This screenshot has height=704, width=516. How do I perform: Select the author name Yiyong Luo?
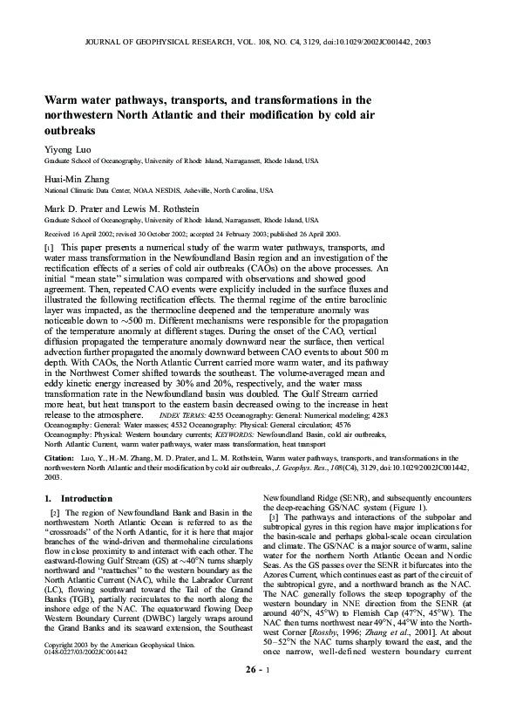67,150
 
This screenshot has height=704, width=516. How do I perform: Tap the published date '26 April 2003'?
322,234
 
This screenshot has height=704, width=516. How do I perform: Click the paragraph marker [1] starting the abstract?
49,249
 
